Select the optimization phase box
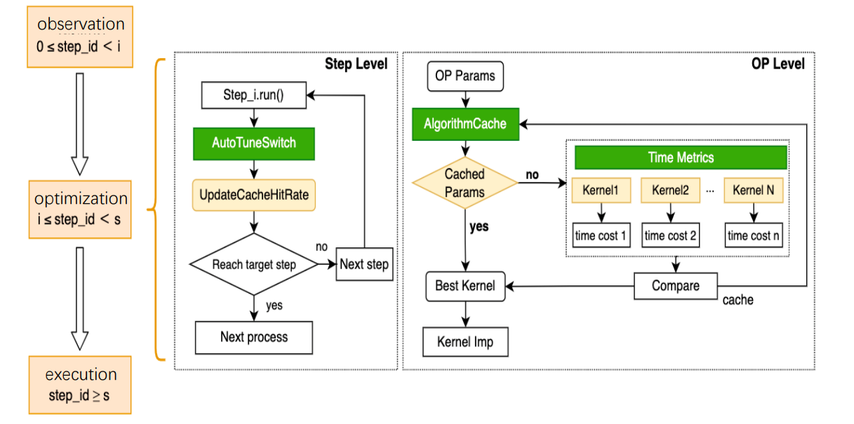(80, 208)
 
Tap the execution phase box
(79, 384)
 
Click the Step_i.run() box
(253, 95)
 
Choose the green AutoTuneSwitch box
(253, 143)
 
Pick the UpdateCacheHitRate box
(253, 196)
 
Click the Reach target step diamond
(253, 264)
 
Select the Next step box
(363, 264)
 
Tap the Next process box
(253, 337)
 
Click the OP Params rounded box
(464, 76)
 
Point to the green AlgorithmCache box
(465, 123)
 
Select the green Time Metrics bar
(680, 158)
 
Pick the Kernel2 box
(670, 190)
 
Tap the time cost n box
(753, 235)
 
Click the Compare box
(675, 286)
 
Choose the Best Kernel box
(465, 286)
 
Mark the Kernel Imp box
(465, 342)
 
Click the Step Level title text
(356, 64)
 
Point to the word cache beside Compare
(738, 300)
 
